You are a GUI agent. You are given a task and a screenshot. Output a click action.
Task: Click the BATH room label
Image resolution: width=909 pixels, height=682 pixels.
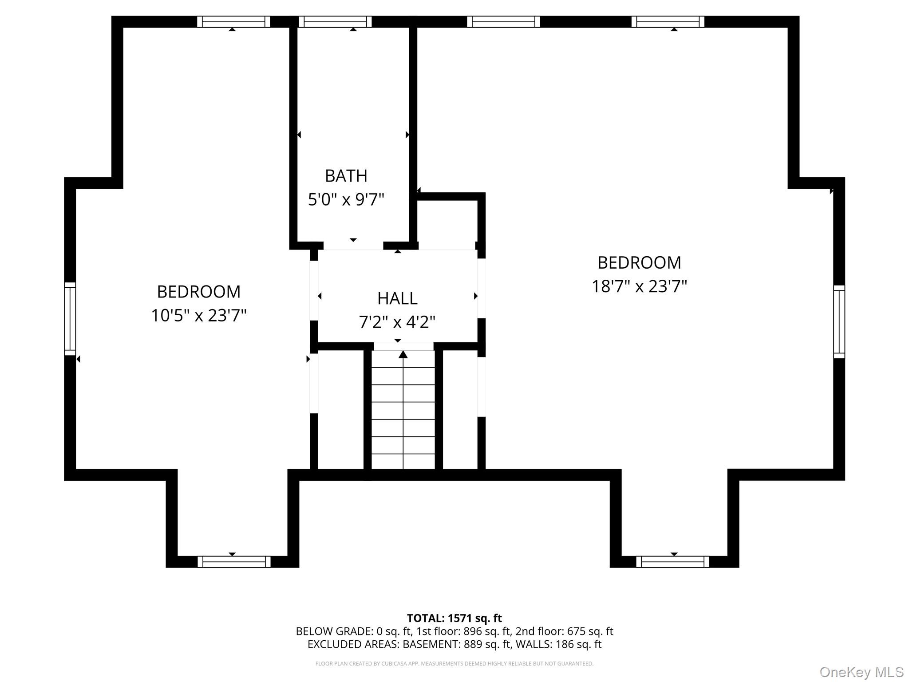pyautogui.click(x=346, y=176)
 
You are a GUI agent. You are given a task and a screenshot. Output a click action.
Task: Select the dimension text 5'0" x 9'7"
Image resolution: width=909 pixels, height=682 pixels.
pyautogui.click(x=346, y=199)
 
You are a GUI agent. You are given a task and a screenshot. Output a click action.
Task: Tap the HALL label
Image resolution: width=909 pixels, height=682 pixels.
pyautogui.click(x=397, y=298)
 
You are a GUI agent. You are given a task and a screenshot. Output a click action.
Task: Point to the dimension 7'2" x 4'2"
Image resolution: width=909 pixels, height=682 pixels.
pyautogui.click(x=397, y=322)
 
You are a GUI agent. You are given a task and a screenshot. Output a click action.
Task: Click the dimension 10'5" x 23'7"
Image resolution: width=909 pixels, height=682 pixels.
pyautogui.click(x=198, y=316)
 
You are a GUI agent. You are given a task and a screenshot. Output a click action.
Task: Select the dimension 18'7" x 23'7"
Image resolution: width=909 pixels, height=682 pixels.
pyautogui.click(x=639, y=286)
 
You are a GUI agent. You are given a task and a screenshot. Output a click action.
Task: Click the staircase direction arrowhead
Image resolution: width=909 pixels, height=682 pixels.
pyautogui.click(x=403, y=354)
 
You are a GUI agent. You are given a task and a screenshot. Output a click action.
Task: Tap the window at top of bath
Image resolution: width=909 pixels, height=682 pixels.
pyautogui.click(x=335, y=22)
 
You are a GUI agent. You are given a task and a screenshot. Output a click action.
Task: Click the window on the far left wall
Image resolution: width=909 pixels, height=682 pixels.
pyautogui.click(x=70, y=319)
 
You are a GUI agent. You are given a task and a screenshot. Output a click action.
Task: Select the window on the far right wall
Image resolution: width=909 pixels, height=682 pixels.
pyautogui.click(x=839, y=322)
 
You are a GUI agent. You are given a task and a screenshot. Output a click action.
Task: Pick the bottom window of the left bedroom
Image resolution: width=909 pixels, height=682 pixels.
pyautogui.click(x=234, y=562)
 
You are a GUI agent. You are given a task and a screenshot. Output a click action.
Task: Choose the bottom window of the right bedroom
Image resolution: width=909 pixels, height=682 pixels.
pyautogui.click(x=672, y=562)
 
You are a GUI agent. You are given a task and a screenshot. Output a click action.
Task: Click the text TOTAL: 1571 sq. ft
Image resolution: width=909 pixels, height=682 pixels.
pyautogui.click(x=454, y=618)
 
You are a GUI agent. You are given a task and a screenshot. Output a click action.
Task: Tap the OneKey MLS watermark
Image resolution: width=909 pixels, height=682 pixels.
pyautogui.click(x=861, y=672)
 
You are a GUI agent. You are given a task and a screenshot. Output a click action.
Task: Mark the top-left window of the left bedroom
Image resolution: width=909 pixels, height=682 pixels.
pyautogui.click(x=233, y=22)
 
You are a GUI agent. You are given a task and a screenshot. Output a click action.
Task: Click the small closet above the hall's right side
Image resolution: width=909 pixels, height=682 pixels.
pyautogui.click(x=447, y=222)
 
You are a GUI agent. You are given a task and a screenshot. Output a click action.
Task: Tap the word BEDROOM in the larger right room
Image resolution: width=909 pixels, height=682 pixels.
pyautogui.click(x=639, y=263)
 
